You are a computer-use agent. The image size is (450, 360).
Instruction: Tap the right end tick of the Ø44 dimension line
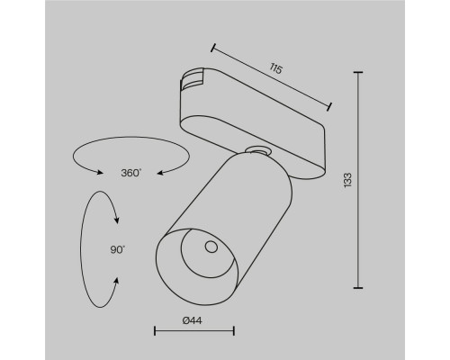pos(235,331)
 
